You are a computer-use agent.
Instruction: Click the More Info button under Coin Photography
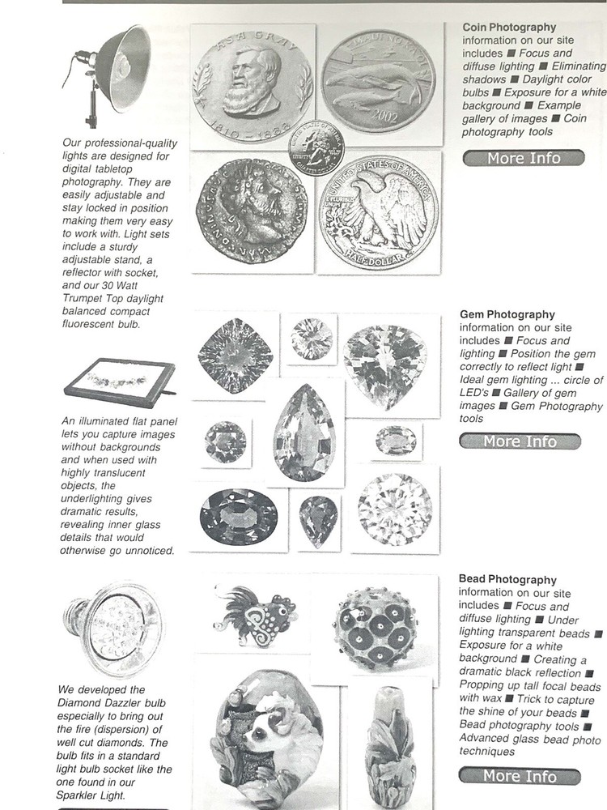tap(523, 158)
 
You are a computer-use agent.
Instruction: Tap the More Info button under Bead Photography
tap(520, 776)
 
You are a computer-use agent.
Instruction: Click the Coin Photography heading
tap(509, 28)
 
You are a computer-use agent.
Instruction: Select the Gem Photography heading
tap(507, 314)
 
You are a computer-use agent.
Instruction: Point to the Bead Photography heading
tap(507, 580)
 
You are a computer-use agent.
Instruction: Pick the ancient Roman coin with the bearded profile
tap(250, 211)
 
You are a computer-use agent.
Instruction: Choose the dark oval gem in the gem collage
tap(238, 517)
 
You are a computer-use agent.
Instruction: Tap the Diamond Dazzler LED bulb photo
tap(112, 629)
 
